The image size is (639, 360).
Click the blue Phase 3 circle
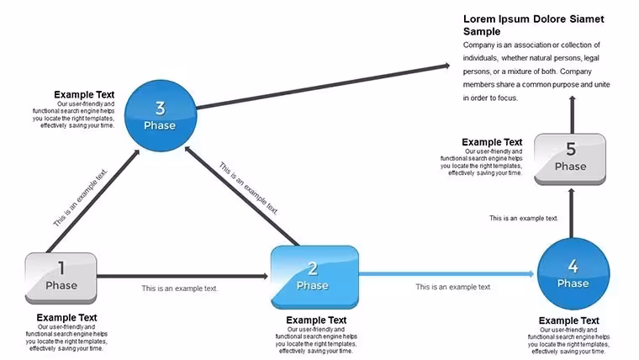(x=161, y=116)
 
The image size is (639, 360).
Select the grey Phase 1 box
(x=61, y=278)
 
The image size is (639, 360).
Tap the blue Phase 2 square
(x=314, y=278)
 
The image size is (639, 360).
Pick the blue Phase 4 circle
(x=573, y=274)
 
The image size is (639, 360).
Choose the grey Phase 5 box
(x=570, y=160)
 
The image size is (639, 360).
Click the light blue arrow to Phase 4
(x=446, y=273)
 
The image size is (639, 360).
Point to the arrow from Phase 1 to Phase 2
(x=182, y=276)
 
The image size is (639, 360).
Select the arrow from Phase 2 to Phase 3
(x=242, y=197)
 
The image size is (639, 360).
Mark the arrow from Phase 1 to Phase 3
(x=93, y=201)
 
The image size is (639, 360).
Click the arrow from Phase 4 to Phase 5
(x=572, y=214)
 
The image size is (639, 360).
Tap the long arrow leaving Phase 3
(x=323, y=86)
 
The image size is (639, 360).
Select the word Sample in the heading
(x=482, y=31)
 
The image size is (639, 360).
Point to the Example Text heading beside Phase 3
(x=84, y=94)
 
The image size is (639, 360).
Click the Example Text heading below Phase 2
(x=316, y=320)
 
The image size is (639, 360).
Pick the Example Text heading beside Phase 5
(x=492, y=142)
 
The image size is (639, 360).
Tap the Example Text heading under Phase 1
(x=66, y=318)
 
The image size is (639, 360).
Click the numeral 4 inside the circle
(x=573, y=267)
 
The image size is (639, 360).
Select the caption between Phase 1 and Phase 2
(x=180, y=289)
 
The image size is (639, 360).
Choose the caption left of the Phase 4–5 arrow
(x=523, y=218)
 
